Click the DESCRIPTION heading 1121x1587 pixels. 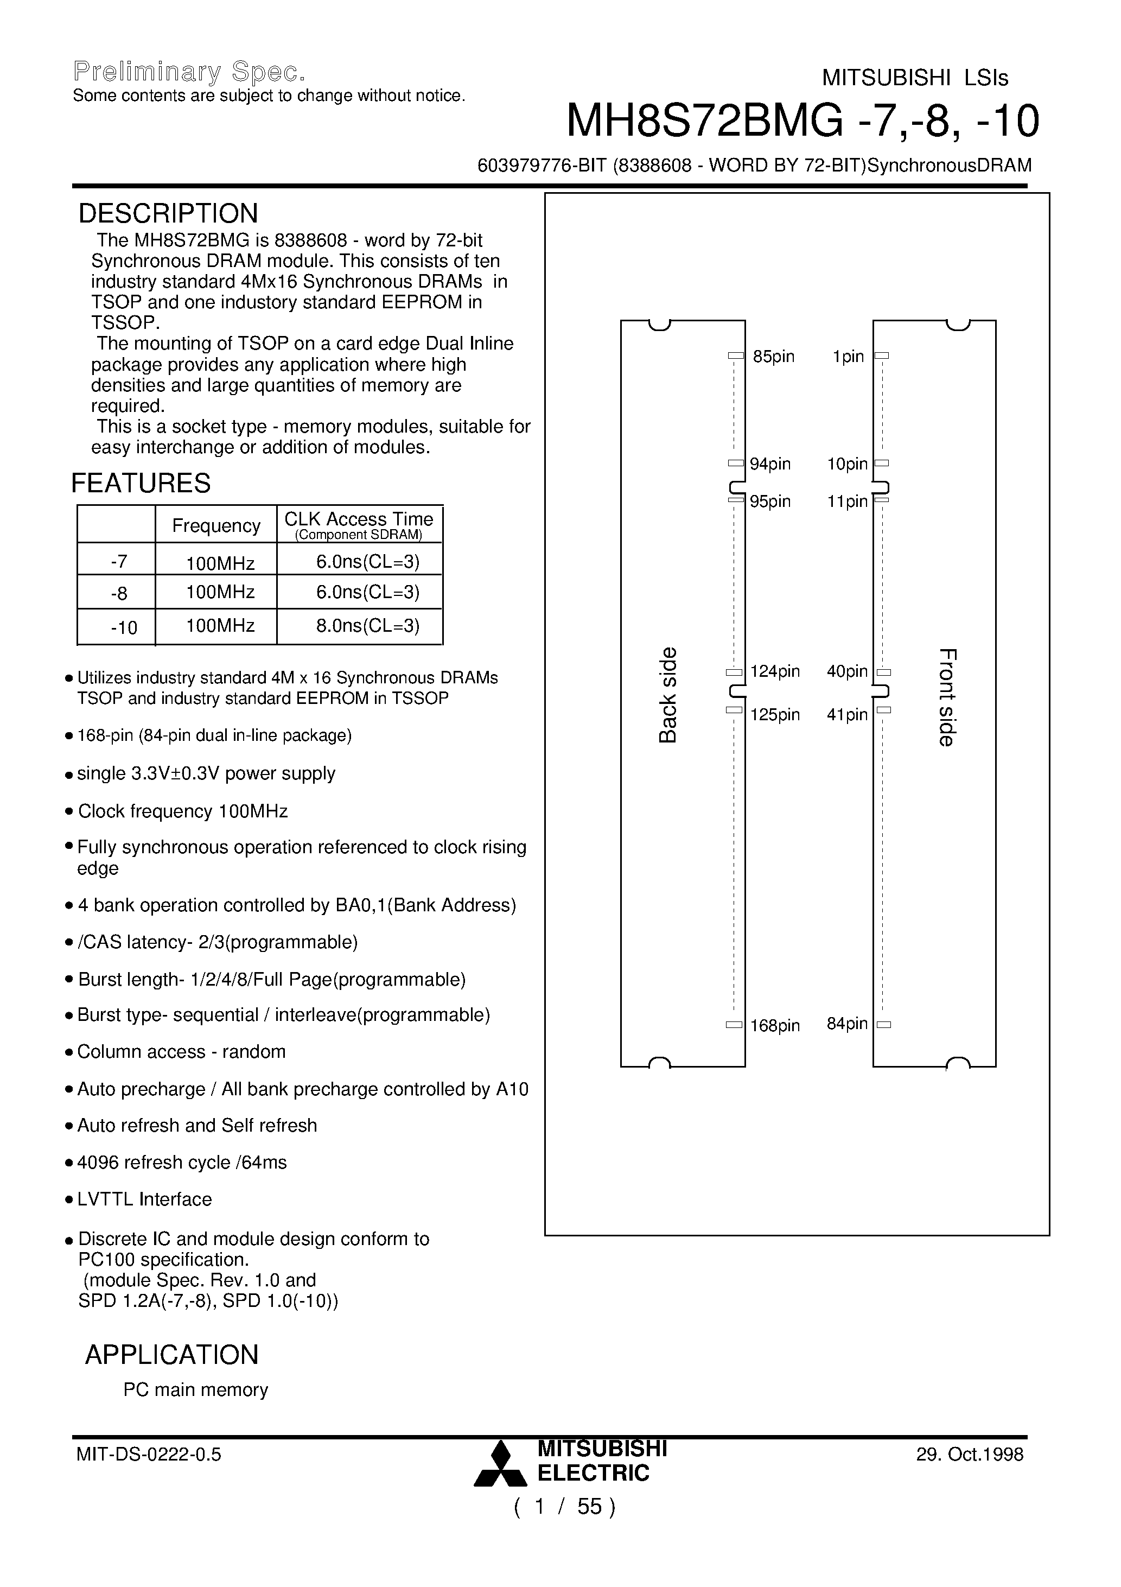168,214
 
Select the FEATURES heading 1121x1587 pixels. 141,483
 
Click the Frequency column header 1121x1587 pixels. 216,526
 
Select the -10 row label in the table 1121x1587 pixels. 124,627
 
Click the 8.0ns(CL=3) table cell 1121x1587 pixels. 368,626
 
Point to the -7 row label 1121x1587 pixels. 119,561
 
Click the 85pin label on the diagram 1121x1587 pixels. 773,357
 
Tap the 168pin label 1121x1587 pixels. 775,1026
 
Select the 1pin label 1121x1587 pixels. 849,357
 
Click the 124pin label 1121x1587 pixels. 775,671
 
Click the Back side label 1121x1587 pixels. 667,695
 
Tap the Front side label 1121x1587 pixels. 947,697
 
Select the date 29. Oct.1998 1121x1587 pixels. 970,1454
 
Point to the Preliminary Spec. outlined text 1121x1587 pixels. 189,71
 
